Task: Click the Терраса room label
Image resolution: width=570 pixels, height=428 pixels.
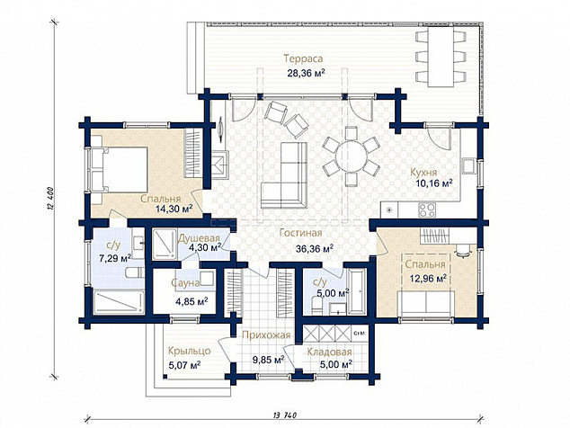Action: pos(303,58)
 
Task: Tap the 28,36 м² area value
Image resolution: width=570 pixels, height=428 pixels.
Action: pos(306,74)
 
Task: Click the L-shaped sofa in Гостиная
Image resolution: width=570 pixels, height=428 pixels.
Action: pos(284,175)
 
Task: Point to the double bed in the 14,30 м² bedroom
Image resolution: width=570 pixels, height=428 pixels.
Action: pos(120,170)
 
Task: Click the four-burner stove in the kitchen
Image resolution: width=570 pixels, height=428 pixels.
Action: pos(427,210)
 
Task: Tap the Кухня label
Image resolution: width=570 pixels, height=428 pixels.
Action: pos(423,172)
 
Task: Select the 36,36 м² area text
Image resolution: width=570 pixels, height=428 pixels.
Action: pos(315,249)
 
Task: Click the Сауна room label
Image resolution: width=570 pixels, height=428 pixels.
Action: pos(185,283)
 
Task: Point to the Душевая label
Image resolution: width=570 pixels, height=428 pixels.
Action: pos(200,238)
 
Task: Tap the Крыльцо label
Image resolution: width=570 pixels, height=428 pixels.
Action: pos(189,351)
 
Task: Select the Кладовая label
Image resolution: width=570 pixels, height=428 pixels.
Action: pos(329,352)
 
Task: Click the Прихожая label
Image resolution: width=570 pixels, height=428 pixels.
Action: pos(266,334)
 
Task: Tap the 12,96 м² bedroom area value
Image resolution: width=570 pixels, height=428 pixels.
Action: pos(428,279)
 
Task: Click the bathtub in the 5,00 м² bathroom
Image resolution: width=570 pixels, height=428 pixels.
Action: pos(357,291)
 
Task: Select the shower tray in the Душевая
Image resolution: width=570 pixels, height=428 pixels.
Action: pos(164,244)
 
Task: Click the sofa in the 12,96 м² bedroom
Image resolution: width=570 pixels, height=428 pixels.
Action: pos(425,302)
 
